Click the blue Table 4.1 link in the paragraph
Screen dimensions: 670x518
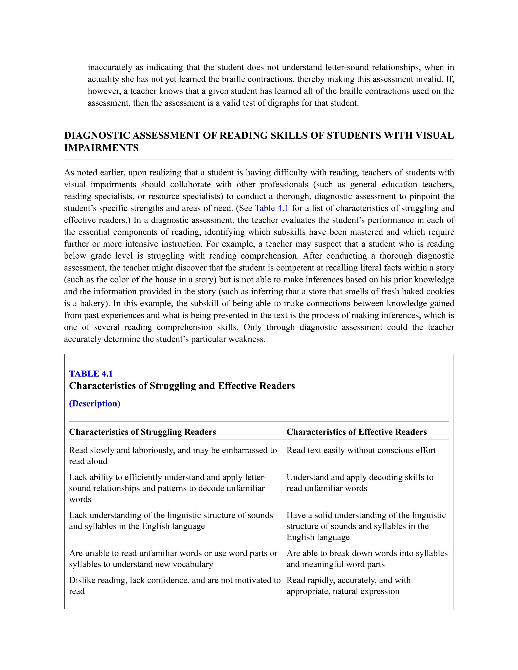[272, 208]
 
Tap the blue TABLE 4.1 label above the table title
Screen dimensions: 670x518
[91, 374]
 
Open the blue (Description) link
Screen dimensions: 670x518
[95, 404]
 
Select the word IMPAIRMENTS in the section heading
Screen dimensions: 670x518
[101, 148]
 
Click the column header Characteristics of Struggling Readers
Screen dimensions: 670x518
[142, 432]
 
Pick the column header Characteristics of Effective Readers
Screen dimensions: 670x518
[357, 432]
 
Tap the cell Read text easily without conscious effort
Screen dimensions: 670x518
[361, 450]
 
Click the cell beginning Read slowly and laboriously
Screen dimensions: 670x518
[173, 456]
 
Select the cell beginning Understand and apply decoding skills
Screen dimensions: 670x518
[360, 483]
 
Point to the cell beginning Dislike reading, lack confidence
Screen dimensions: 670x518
[175, 586]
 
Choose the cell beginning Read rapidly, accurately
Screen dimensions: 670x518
[348, 586]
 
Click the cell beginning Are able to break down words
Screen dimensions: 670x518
[367, 559]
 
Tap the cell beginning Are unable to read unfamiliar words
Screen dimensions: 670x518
[173, 559]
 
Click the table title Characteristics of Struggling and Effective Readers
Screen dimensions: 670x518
[182, 386]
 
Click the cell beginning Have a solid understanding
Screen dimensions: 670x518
[366, 526]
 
